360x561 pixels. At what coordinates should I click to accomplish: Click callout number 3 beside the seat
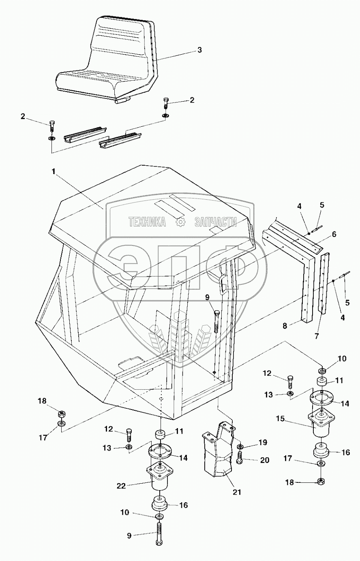199,50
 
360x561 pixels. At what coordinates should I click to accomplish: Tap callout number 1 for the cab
53,171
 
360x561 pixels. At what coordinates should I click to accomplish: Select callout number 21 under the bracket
237,492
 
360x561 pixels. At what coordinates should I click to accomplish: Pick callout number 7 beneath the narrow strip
317,336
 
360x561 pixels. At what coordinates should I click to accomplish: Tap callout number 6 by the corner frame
334,234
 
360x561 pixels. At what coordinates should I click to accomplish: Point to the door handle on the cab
222,284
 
